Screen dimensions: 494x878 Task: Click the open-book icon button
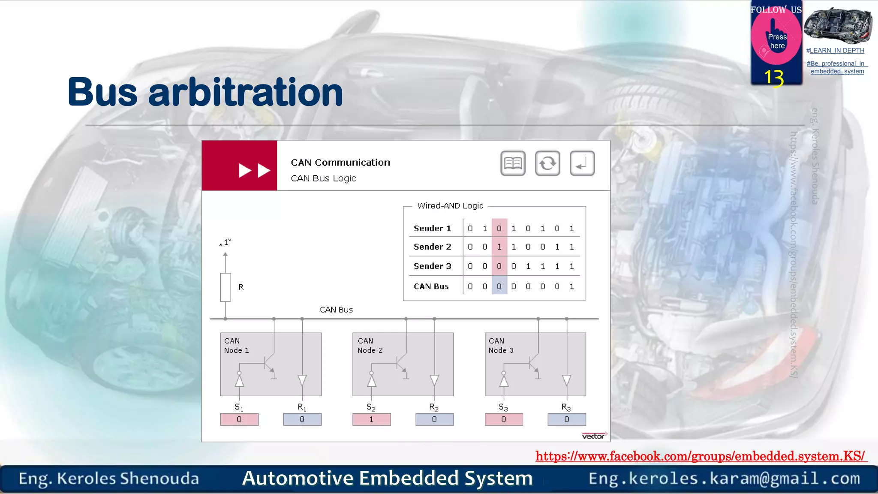pos(513,163)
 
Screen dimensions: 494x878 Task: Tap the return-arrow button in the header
pos(582,163)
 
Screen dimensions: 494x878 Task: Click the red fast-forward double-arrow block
pos(240,166)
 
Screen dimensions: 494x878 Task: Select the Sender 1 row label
pos(432,229)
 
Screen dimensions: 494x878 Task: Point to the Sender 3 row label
pos(432,266)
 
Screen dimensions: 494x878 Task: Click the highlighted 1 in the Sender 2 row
pos(499,247)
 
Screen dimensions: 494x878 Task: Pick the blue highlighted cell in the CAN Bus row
pos(499,286)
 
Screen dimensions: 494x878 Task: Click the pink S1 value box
pos(239,419)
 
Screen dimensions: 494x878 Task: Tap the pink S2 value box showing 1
pos(371,419)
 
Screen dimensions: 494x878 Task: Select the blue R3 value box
pos(566,419)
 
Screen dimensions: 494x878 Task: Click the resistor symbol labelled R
pos(226,287)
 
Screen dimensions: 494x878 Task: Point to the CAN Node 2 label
pos(370,346)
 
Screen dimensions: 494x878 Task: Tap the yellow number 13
pos(774,78)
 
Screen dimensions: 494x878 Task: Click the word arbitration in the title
pos(245,92)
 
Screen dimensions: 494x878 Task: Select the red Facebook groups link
pos(700,456)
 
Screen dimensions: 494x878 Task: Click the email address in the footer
pos(724,479)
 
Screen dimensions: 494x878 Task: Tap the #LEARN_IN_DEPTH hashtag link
pos(835,51)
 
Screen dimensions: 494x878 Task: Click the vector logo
pos(594,436)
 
